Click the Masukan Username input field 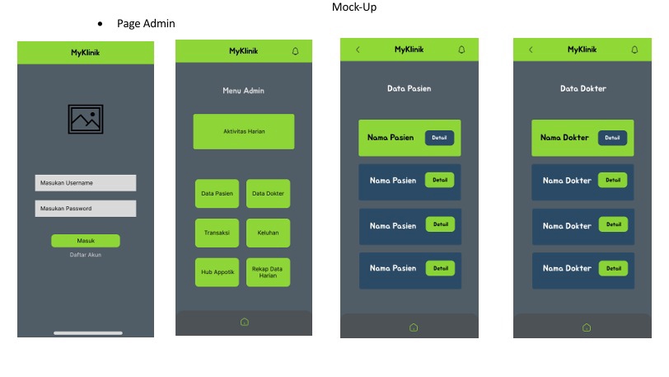point(85,182)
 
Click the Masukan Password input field point(85,209)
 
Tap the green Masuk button point(86,241)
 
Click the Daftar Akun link point(86,255)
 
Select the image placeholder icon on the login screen point(86,119)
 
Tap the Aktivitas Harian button point(244,131)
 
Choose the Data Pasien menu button point(217,194)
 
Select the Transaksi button point(217,233)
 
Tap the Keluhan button point(268,233)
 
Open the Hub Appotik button point(217,271)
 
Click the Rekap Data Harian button point(268,271)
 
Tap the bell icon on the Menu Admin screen point(296,51)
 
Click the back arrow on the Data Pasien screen point(358,49)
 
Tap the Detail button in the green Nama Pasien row point(440,138)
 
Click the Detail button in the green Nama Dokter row point(612,138)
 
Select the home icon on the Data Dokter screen point(586,328)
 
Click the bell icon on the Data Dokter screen point(634,49)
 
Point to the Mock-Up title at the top point(355,7)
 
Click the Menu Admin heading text point(244,91)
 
